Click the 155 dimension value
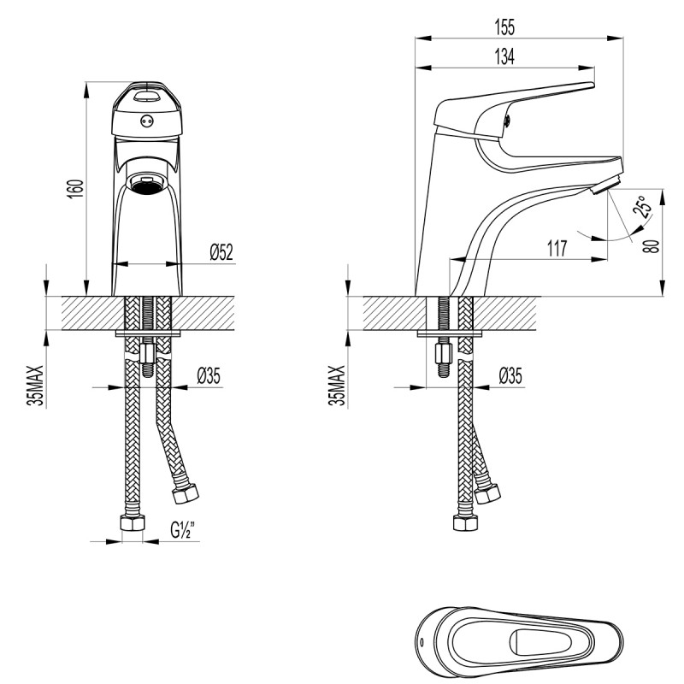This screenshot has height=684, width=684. click(504, 27)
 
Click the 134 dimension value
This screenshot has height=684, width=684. click(504, 56)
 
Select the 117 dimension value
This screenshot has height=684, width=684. click(557, 250)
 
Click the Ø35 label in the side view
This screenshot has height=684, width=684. click(510, 374)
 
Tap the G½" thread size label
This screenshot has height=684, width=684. click(181, 529)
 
